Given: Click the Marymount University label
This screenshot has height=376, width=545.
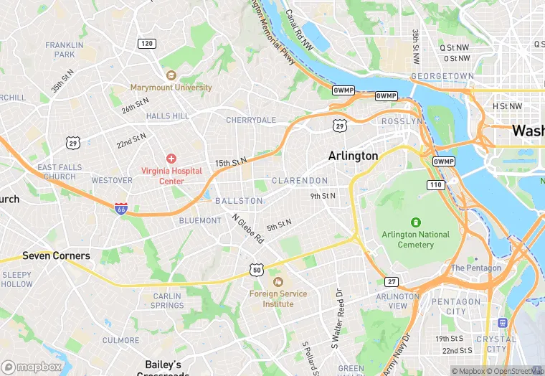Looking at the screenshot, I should [171, 88].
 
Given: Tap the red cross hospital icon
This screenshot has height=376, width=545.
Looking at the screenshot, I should [171, 158].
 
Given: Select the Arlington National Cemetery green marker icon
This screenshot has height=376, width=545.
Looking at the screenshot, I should [415, 222].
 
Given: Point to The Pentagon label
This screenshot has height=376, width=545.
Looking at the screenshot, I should [475, 268].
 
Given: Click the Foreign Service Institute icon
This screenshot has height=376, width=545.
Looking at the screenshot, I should [278, 282].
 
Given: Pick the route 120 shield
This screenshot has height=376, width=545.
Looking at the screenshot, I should [146, 44].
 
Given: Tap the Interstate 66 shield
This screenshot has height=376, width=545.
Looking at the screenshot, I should [121, 207].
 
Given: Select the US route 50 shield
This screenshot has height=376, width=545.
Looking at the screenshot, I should [257, 269].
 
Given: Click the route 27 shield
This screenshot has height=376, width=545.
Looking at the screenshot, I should [391, 281].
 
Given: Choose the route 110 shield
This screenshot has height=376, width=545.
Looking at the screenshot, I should [436, 184].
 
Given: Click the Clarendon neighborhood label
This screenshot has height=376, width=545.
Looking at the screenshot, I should [300, 181].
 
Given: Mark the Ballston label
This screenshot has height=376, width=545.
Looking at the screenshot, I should [239, 201].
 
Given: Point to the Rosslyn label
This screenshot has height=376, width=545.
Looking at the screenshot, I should [402, 121].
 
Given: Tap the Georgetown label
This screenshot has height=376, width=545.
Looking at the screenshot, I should [443, 76].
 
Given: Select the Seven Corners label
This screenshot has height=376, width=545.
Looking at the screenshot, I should [56, 255].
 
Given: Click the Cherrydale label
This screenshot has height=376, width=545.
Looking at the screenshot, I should [251, 120].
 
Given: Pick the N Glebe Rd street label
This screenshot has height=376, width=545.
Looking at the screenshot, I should [247, 229].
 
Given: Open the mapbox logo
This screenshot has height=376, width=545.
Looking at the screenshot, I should [32, 367].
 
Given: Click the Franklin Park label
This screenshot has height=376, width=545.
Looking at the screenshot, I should [65, 50].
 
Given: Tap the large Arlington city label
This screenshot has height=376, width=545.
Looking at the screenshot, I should [353, 156].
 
